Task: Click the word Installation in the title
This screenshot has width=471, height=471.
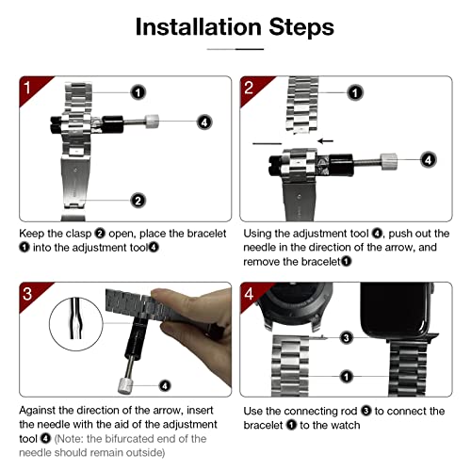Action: tap(199, 27)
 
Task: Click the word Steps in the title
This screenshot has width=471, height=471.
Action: tap(301, 28)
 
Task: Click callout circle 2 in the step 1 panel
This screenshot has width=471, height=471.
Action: tap(138, 201)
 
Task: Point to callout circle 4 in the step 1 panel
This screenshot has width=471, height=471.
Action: tap(204, 122)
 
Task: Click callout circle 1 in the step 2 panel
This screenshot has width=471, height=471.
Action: tap(355, 92)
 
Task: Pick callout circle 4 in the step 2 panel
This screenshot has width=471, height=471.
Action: tap(429, 160)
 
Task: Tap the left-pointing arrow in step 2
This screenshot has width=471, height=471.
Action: tap(325, 141)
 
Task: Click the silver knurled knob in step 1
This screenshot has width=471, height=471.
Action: tap(152, 122)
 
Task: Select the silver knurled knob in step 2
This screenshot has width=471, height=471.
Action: tap(389, 161)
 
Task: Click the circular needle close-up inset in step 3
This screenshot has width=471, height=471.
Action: tap(76, 324)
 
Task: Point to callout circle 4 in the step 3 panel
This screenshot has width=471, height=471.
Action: tap(165, 385)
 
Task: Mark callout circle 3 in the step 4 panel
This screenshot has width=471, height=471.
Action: tap(346, 338)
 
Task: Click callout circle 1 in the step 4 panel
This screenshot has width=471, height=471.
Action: tap(346, 377)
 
